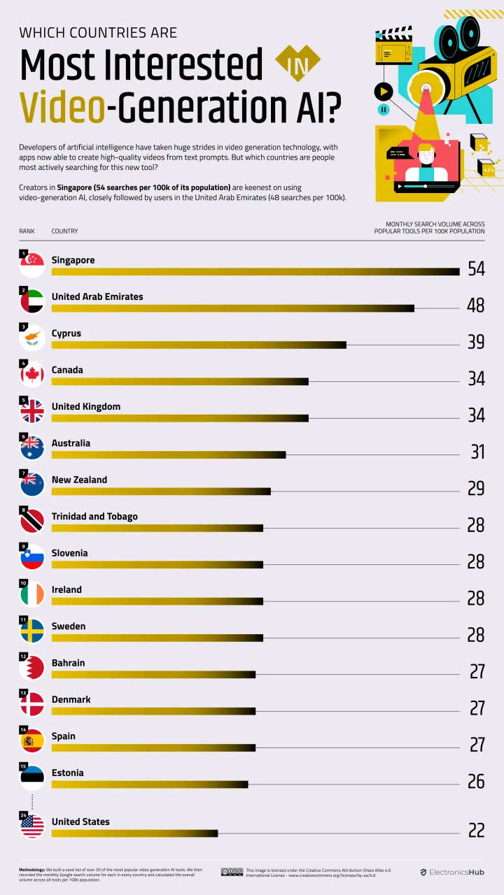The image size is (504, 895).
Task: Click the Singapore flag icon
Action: coord(32,264)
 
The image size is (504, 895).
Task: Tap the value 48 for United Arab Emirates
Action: coord(475,306)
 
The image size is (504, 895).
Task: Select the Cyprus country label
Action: coord(66,334)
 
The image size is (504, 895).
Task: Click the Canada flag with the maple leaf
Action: coord(32,375)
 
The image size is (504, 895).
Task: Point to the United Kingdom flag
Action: coord(32,411)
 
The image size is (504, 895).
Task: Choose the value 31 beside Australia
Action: coord(477,452)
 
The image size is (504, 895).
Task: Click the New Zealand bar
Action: coord(161,492)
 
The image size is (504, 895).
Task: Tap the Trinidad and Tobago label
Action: coord(94,517)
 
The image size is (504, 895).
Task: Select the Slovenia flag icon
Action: coord(32,557)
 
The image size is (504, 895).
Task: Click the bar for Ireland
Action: coord(157,601)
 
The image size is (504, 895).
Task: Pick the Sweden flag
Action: coord(32,631)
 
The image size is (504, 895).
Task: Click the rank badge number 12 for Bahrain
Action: coord(23,657)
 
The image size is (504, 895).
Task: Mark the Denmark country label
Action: coord(71,700)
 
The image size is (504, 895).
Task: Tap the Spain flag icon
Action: coord(32,740)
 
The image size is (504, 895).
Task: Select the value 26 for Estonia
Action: coord(476,781)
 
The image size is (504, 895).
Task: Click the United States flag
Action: coord(32,826)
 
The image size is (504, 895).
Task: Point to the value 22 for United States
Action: coord(476,830)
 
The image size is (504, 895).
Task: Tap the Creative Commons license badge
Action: coord(232,872)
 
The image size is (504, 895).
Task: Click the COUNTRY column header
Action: coord(64,231)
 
